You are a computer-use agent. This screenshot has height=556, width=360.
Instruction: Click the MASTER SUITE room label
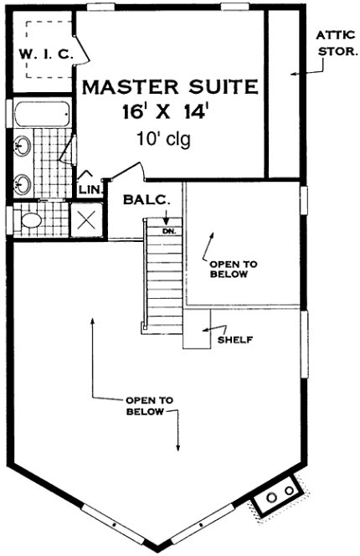pyautogui.click(x=168, y=86)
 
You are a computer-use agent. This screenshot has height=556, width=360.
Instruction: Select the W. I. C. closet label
pyautogui.click(x=47, y=54)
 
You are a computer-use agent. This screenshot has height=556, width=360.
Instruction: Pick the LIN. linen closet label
pyautogui.click(x=90, y=190)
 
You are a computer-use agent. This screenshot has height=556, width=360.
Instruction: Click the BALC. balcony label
pyautogui.click(x=146, y=200)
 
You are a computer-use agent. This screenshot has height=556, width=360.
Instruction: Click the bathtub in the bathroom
pyautogui.click(x=39, y=113)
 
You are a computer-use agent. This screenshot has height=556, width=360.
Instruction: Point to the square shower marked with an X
pyautogui.click(x=85, y=219)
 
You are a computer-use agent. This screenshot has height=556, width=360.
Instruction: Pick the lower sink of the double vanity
pyautogui.click(x=22, y=181)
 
